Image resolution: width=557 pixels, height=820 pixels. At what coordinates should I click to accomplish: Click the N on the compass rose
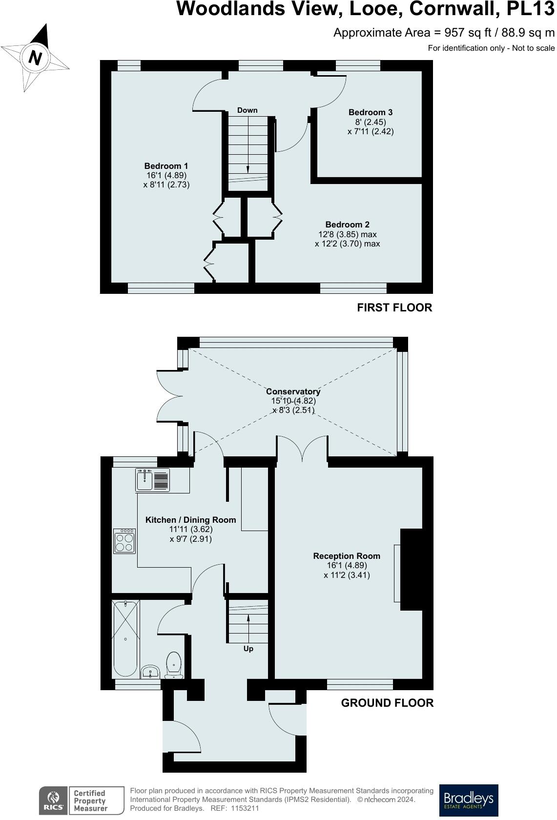[x=35, y=58]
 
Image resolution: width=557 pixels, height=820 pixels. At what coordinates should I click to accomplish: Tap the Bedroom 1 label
[x=166, y=166]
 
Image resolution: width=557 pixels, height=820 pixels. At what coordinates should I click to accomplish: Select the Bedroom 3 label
[x=370, y=112]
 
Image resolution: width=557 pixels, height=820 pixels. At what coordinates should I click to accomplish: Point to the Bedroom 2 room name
[x=347, y=225]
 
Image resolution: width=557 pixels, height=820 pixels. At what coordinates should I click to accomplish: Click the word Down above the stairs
[x=247, y=110]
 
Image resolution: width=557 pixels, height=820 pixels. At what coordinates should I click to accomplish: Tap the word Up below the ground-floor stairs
[x=248, y=649]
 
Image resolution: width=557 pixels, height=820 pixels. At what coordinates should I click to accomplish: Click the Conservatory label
[x=293, y=391]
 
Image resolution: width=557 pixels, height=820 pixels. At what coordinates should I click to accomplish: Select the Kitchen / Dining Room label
[x=190, y=520]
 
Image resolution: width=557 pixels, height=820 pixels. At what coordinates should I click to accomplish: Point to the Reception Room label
[x=347, y=555]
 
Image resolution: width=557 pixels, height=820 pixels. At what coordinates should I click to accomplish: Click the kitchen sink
[x=152, y=480]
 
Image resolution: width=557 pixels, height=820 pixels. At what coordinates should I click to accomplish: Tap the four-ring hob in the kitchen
[x=124, y=541]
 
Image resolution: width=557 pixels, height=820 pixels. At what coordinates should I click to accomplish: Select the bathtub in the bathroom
[x=125, y=638]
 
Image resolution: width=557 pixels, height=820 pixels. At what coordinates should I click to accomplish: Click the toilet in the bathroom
[x=174, y=665]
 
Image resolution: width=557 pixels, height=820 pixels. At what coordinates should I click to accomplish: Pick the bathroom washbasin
[x=150, y=672]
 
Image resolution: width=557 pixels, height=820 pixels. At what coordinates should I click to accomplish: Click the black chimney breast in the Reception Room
[x=411, y=570]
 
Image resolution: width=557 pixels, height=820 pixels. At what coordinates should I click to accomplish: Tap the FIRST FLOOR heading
[x=394, y=307]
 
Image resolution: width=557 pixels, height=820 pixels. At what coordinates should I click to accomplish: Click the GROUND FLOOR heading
[x=387, y=703]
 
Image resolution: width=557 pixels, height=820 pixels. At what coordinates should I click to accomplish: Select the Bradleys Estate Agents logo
[x=468, y=800]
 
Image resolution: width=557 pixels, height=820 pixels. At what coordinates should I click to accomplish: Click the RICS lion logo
[x=54, y=800]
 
